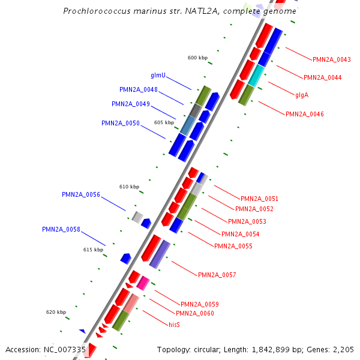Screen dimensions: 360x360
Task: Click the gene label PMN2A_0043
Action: coord(332,59)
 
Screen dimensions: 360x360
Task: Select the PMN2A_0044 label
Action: coord(323,77)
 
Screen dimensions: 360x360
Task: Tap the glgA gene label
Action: coord(301,95)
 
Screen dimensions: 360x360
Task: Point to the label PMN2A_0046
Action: coord(305,114)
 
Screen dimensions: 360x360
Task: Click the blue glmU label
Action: coord(158,76)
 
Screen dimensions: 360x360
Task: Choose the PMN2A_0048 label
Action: coord(139,90)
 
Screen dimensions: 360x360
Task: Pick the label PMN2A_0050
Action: coord(121,124)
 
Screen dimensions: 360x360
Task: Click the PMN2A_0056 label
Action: coord(81,195)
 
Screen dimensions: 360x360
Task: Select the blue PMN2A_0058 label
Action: coord(61,230)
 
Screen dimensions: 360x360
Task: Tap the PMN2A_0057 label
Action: coord(217,275)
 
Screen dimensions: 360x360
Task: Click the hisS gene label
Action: coord(174,325)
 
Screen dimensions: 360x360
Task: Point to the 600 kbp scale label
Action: coord(197,58)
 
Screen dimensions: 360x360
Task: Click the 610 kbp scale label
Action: coord(129,187)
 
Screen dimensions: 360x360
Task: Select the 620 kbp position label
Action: coord(56,313)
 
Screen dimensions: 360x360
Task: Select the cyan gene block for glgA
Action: coord(256,75)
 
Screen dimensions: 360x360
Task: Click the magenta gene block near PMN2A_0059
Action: coord(143,283)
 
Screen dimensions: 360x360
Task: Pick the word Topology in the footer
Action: coord(175,350)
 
